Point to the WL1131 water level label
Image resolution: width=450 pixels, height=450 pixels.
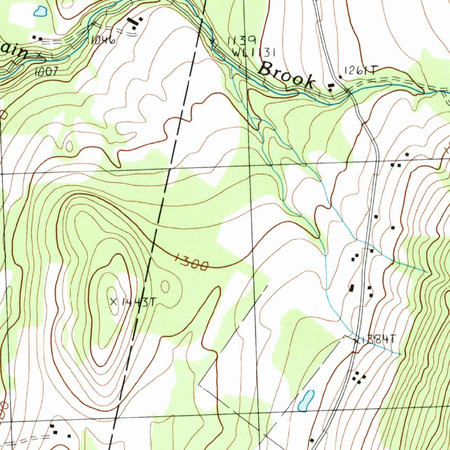tap(254, 53)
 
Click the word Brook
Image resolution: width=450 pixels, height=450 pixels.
tap(287, 75)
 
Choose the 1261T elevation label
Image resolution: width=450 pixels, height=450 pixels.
tap(361, 70)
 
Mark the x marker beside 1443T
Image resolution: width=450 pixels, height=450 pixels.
tap(113, 301)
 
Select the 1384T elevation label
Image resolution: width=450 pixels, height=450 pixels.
tap(381, 339)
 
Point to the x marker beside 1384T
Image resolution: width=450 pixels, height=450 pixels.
tap(356, 340)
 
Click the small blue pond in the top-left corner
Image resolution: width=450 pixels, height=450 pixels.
tap(40, 11)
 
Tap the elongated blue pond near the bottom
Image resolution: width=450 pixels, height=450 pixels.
tap(306, 401)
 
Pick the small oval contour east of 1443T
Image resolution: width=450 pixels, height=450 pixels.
tap(165, 287)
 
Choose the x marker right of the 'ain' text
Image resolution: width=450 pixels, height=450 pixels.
tap(39, 54)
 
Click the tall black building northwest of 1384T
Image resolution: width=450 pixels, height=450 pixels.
tap(352, 288)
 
